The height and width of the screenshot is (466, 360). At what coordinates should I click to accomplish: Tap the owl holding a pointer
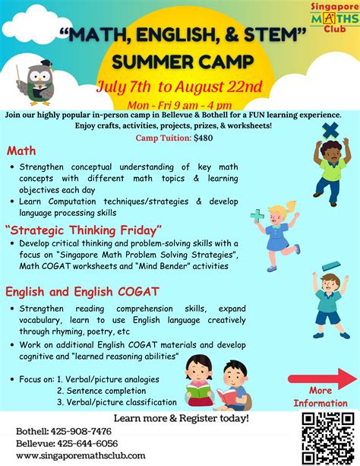coord(37,81)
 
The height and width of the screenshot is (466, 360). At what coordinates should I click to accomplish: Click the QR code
coord(327,437)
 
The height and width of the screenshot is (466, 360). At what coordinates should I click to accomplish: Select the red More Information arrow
coord(321,379)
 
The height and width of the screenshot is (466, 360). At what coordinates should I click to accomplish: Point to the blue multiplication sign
coord(330,131)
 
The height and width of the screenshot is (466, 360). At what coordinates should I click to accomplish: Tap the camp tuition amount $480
coord(204,138)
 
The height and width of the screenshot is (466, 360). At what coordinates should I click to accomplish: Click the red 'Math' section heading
coord(21,151)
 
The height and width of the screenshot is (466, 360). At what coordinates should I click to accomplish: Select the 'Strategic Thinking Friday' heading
coord(84,230)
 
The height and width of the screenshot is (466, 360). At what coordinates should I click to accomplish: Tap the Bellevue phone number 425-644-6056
coord(67,443)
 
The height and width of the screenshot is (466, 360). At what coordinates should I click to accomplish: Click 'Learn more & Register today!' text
coord(181,418)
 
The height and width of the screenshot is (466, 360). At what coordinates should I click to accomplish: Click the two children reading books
coord(217,382)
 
